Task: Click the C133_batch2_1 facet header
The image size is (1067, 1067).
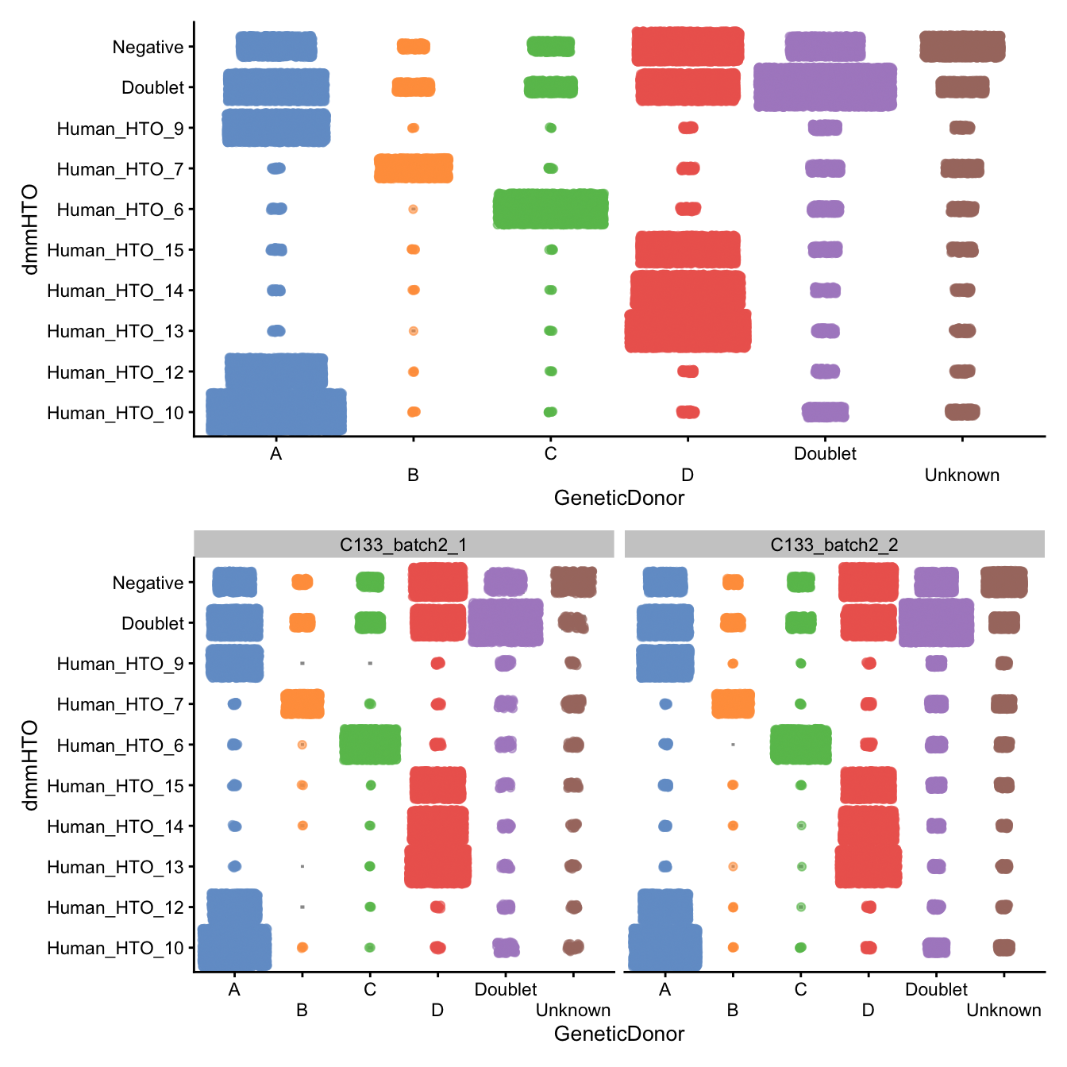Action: (x=403, y=545)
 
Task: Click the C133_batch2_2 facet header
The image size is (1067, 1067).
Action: (x=834, y=545)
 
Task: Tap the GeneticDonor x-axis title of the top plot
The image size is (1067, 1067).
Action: (x=618, y=498)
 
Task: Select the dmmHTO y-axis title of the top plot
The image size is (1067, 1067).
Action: (x=30, y=229)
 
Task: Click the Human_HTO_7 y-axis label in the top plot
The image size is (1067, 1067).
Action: (x=120, y=169)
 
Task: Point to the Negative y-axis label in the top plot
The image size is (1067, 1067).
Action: (x=148, y=47)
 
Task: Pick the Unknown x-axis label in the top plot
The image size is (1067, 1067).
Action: (x=961, y=475)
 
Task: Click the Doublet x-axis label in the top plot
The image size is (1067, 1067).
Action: (x=825, y=453)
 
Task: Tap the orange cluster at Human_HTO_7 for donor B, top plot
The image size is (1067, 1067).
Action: (x=414, y=168)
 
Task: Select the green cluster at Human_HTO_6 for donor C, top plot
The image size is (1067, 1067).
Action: (x=551, y=209)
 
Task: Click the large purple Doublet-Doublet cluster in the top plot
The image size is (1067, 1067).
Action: (x=825, y=87)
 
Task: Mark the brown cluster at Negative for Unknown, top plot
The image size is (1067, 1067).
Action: (x=962, y=46)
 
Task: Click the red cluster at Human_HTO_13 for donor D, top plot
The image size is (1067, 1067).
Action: (x=688, y=330)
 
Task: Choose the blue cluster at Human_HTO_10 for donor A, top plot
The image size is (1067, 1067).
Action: (x=276, y=411)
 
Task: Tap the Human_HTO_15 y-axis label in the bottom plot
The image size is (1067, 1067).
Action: (x=115, y=786)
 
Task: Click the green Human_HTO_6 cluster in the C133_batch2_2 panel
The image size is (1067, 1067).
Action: (x=801, y=745)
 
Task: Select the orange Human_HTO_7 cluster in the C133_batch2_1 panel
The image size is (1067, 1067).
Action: (x=302, y=703)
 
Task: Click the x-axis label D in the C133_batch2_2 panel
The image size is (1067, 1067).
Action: (x=868, y=1010)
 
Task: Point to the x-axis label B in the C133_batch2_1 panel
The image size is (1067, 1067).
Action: (x=302, y=1010)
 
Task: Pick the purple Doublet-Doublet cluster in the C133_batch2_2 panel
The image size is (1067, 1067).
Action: (x=936, y=622)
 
